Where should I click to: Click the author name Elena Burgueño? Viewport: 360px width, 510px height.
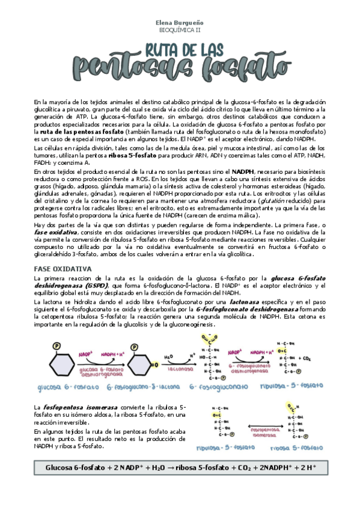pyautogui.click(x=180, y=20)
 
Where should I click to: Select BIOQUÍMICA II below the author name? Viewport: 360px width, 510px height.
pyautogui.click(x=180, y=28)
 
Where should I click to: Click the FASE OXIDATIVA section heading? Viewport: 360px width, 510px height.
pyautogui.click(x=63, y=268)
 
